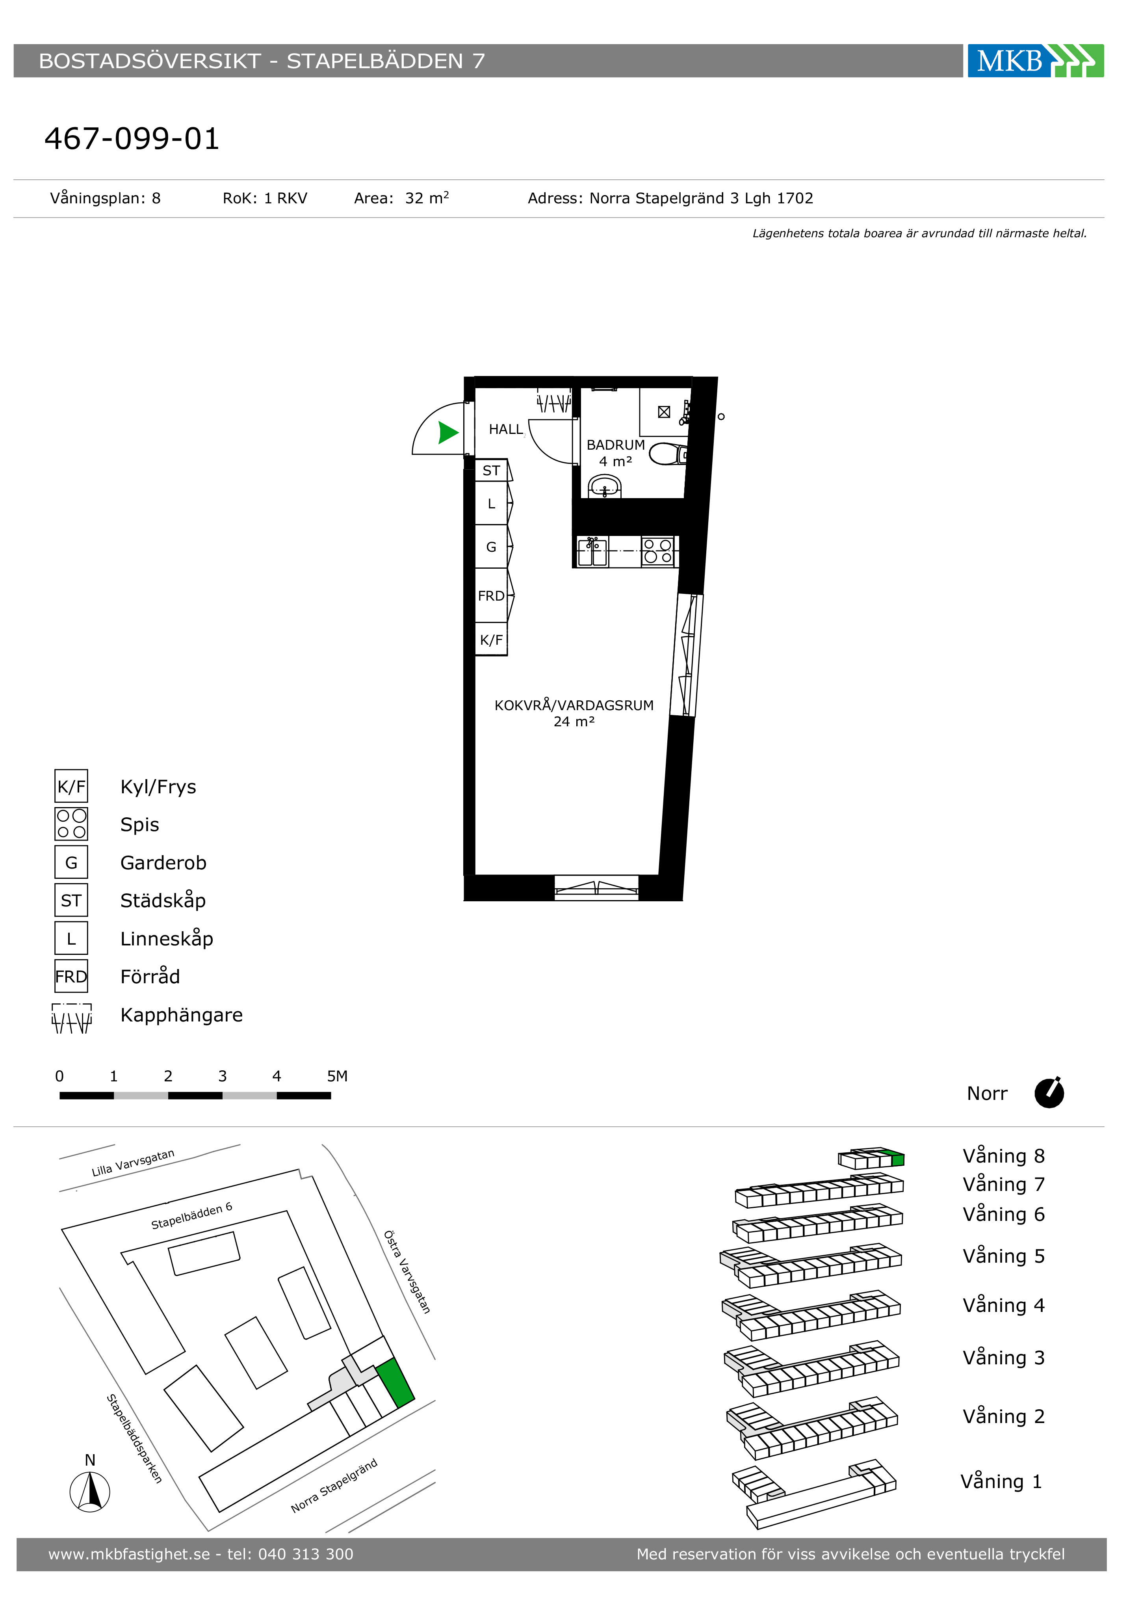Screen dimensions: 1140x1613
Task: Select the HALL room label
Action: [x=506, y=429]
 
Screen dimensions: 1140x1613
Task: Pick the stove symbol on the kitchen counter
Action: [x=657, y=551]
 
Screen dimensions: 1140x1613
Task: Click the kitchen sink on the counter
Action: [x=592, y=551]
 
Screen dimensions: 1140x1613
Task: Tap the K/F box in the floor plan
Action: [x=491, y=639]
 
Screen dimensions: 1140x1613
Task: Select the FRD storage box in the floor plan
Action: [x=491, y=596]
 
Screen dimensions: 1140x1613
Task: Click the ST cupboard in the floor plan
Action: [x=491, y=471]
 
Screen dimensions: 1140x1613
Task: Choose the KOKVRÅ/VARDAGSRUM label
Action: [x=574, y=705]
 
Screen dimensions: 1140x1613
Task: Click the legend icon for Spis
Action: [x=71, y=824]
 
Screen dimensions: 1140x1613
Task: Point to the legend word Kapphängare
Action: [x=181, y=1015]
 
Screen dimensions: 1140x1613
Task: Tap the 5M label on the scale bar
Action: [x=337, y=1076]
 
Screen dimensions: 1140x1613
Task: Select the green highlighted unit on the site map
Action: [x=395, y=1382]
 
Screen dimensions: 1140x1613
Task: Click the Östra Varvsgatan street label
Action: [x=407, y=1272]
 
